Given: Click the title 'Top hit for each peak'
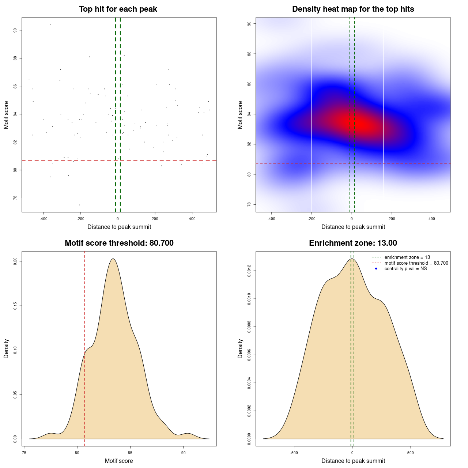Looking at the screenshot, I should click(x=118, y=9).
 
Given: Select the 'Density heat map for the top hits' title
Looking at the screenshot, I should click(x=353, y=9).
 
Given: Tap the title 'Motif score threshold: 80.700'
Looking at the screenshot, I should click(x=119, y=243).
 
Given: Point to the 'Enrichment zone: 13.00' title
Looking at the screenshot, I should click(x=353, y=243).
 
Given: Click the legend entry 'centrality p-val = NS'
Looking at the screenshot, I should click(x=405, y=269).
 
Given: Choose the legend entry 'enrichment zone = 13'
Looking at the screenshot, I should click(x=407, y=257).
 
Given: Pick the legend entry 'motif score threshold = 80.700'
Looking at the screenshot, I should click(x=416, y=263).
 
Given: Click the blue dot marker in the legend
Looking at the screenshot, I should click(x=376, y=269).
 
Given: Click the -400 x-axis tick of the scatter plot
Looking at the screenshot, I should click(x=44, y=219).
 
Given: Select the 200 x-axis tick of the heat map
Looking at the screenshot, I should click(x=392, y=219).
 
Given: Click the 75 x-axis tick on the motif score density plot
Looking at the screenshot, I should click(x=24, y=453).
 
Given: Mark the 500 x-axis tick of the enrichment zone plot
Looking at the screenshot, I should click(x=411, y=453).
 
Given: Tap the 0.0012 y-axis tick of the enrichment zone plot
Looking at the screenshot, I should click(x=249, y=271).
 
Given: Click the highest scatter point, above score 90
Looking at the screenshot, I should click(x=51, y=24).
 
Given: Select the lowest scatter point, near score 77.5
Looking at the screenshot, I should click(x=79, y=205).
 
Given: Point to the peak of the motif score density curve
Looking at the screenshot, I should click(x=113, y=259).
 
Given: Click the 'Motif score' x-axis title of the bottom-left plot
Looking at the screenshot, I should click(x=119, y=461).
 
